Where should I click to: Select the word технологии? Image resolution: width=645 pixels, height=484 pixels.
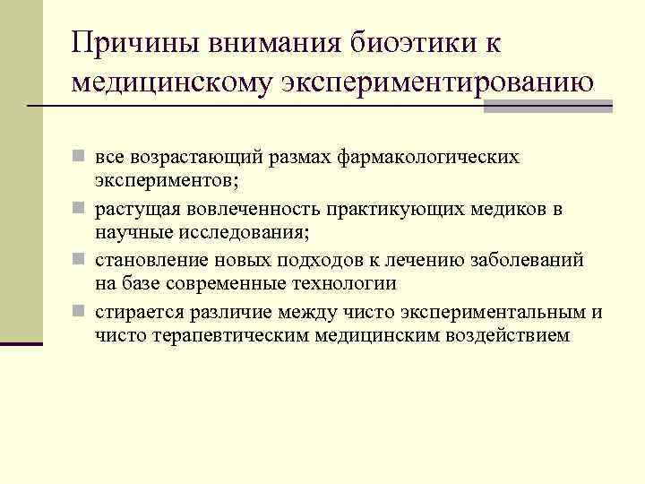(344, 284)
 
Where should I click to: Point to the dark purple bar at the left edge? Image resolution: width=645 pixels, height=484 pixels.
(21, 343)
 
